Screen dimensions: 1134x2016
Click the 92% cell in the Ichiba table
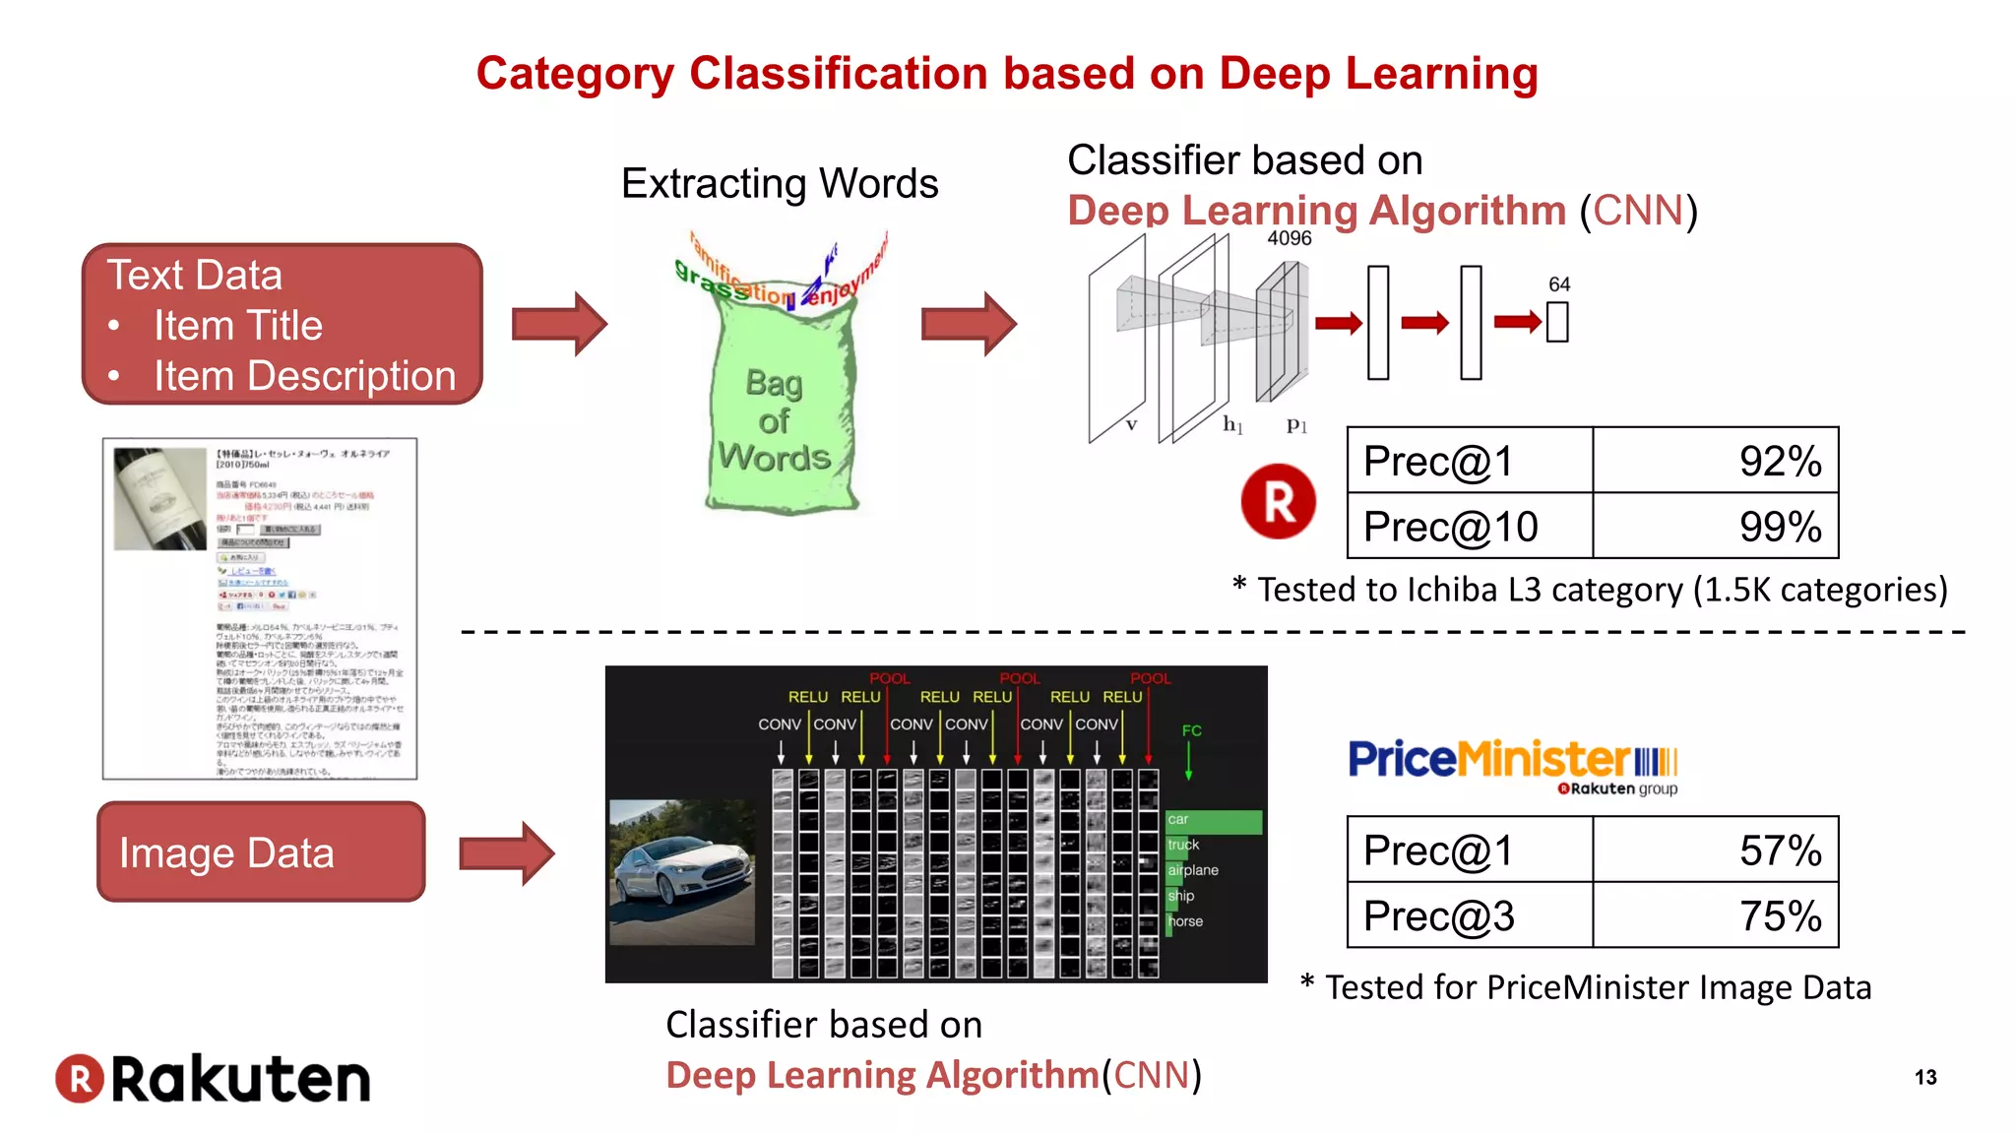1715,461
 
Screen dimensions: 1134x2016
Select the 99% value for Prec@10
1715,527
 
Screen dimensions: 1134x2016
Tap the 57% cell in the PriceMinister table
1715,850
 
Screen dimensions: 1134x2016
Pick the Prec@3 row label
1438,916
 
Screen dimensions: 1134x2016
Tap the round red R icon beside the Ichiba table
1278,501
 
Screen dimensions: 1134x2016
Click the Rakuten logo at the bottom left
213,1078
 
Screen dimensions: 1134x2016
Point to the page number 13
1925,1077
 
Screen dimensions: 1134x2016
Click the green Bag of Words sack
778,413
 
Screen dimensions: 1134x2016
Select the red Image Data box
261,851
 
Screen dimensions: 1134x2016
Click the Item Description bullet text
304,376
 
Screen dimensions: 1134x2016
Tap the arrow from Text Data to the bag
559,323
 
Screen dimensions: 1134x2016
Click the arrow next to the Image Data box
507,852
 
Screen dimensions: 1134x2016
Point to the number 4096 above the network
1289,238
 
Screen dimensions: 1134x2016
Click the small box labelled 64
1557,321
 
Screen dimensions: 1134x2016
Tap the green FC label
1191,730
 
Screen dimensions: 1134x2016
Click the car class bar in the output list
1213,820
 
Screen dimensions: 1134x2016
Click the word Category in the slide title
575,74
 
